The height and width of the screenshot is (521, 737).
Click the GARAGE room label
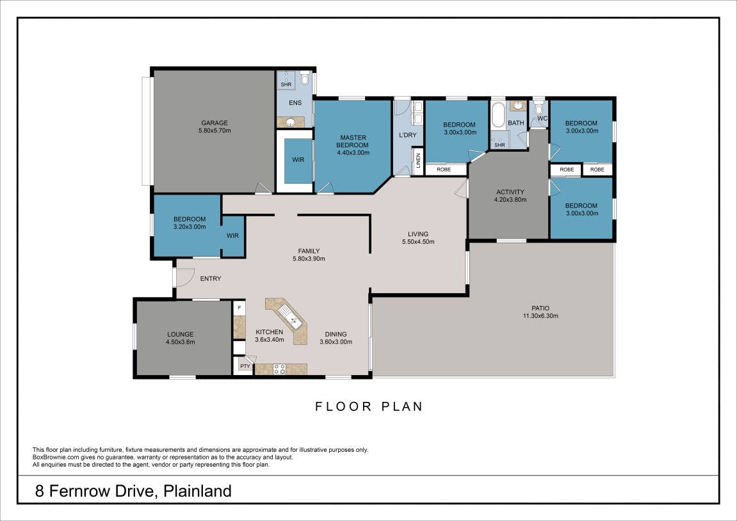pyautogui.click(x=215, y=123)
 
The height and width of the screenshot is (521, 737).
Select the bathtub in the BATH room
pyautogui.click(x=498, y=116)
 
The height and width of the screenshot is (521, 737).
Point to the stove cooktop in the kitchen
pyautogui.click(x=280, y=369)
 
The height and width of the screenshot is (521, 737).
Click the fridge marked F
pyautogui.click(x=239, y=309)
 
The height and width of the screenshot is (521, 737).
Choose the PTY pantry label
pyautogui.click(x=245, y=366)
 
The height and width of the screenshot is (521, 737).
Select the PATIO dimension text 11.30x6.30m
pyautogui.click(x=540, y=316)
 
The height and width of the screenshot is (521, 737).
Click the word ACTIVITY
pyautogui.click(x=510, y=191)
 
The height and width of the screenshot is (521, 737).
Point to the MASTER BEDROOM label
pyautogui.click(x=353, y=141)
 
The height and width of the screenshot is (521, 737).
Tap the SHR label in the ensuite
pyautogui.click(x=286, y=84)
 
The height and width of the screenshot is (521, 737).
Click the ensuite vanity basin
pyautogui.click(x=291, y=123)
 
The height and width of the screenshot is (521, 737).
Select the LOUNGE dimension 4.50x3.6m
pyautogui.click(x=180, y=342)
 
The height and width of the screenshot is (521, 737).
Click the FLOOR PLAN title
pyautogui.click(x=369, y=406)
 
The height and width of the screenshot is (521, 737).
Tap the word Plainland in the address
pyautogui.click(x=197, y=491)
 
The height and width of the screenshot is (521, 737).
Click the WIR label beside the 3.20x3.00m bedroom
pyautogui.click(x=232, y=236)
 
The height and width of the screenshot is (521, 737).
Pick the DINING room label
pyautogui.click(x=336, y=335)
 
